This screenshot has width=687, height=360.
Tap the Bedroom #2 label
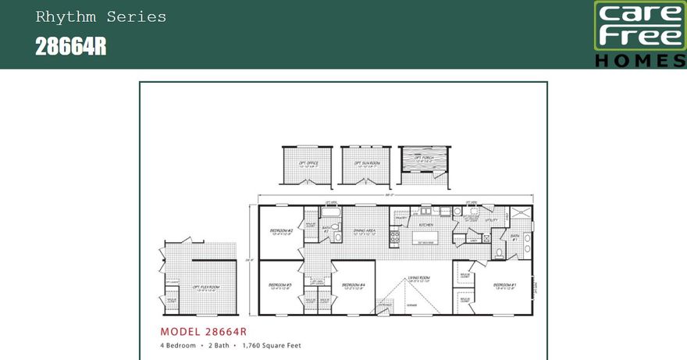tap(281, 230)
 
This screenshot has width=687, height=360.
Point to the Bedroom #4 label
tap(354, 284)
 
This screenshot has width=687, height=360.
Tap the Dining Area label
tap(366, 230)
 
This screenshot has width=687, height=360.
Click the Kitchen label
tap(426, 225)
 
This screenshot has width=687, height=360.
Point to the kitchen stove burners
tap(394, 238)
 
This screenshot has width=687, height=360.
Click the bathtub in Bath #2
tap(330, 212)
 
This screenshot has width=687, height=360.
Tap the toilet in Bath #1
tap(499, 251)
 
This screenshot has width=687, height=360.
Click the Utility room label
tap(491, 221)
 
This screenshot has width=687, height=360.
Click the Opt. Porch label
tap(422, 162)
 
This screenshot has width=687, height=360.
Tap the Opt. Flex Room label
tap(205, 287)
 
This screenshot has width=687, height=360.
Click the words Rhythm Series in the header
tap(101, 17)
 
